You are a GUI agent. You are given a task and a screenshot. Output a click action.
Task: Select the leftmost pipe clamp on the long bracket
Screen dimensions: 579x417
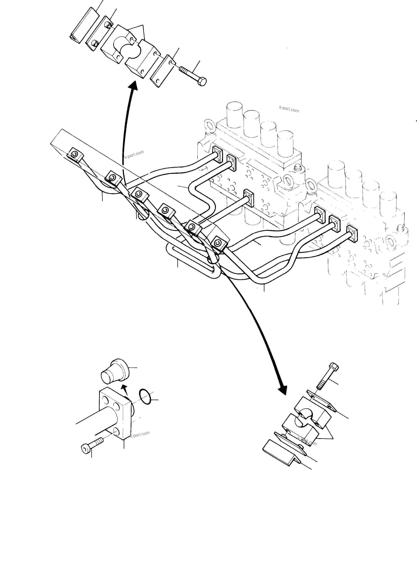[x=75, y=155]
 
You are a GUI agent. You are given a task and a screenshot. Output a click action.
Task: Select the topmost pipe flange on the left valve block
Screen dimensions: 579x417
[x=218, y=154]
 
